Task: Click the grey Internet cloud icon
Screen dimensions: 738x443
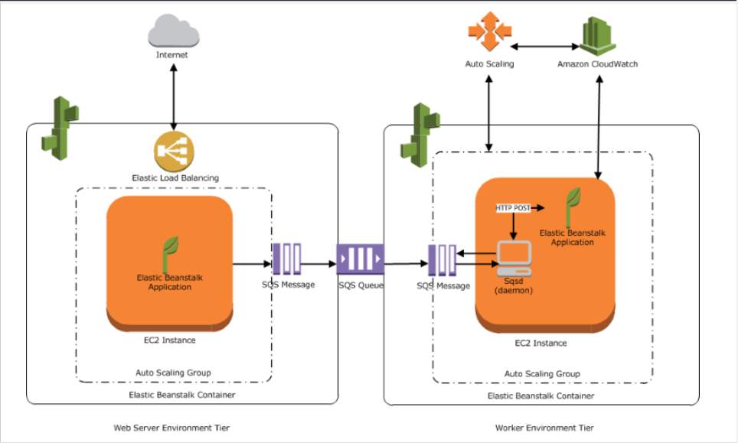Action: click(173, 31)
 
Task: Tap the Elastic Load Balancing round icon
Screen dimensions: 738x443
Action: click(174, 151)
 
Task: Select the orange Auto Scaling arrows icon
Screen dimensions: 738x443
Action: click(489, 31)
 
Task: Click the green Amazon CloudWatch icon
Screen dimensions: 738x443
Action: click(597, 36)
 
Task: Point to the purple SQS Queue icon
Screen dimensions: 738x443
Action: click(361, 259)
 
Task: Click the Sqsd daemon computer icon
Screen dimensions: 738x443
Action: click(514, 258)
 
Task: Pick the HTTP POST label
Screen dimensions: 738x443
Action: click(513, 208)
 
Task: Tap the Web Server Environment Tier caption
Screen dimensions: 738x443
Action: click(171, 428)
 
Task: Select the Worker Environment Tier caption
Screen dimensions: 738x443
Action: click(544, 428)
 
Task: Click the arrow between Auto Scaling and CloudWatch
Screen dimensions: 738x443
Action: click(544, 47)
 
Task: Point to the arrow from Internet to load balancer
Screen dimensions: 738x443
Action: click(174, 97)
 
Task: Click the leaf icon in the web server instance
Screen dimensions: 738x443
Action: click(169, 255)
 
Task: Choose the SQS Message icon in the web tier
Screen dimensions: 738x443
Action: click(286, 259)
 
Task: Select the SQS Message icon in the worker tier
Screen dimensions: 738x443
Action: click(442, 260)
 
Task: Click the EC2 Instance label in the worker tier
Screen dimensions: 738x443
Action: click(540, 344)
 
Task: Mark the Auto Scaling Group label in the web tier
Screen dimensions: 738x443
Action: click(173, 373)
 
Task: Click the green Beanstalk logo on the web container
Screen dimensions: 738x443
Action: click(60, 129)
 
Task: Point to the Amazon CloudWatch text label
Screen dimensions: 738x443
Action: click(597, 64)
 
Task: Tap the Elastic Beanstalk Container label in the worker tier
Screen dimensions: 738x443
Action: click(540, 396)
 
